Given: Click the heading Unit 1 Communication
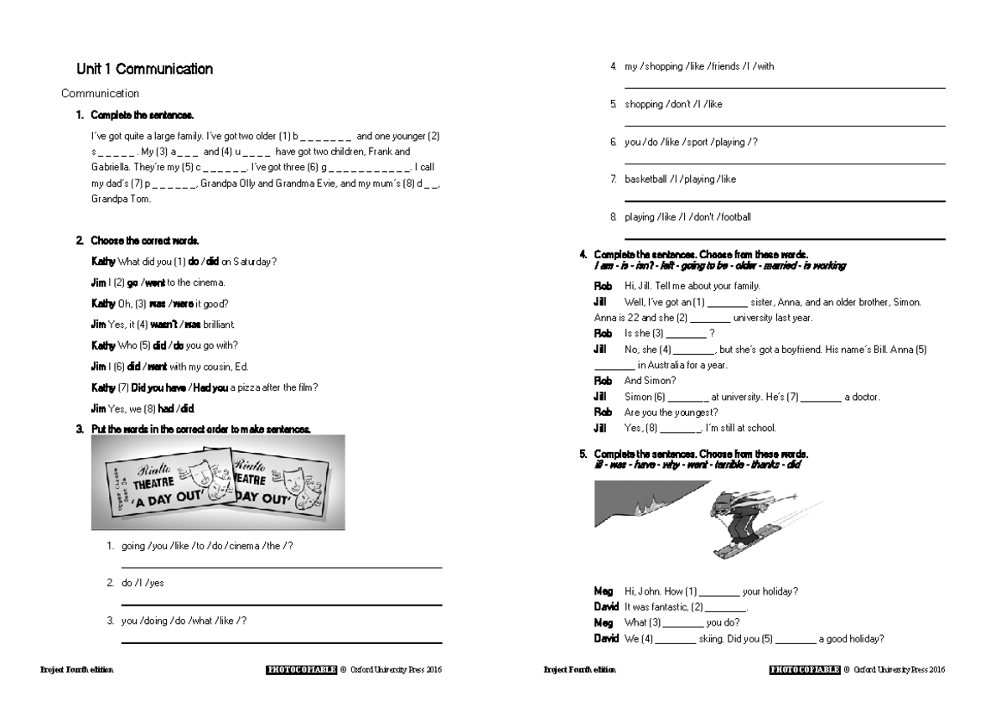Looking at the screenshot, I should [144, 70].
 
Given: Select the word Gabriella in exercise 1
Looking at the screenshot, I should [111, 168].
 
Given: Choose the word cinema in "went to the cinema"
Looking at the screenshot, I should [207, 283].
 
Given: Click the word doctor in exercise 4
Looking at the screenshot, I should [866, 398].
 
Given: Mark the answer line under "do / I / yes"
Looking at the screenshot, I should [282, 605].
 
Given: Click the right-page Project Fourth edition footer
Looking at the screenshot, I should [579, 670].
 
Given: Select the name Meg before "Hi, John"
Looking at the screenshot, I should [603, 592].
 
